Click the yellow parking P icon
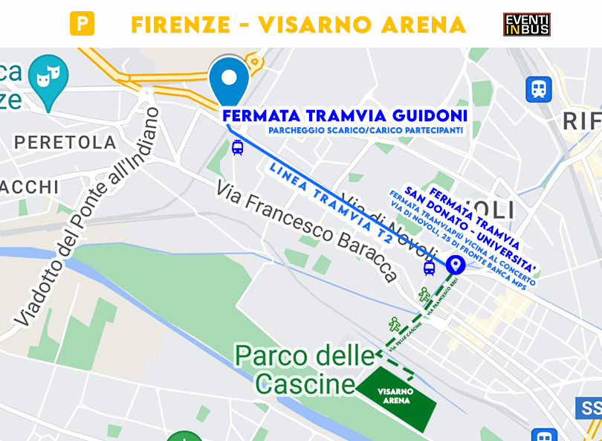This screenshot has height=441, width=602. [82, 24]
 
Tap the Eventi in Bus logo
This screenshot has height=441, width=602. [526, 24]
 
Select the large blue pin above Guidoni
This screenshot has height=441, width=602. [229, 80]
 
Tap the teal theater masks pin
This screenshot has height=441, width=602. [48, 77]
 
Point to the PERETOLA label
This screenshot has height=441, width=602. [65, 142]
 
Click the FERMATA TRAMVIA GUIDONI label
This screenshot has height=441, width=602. [345, 116]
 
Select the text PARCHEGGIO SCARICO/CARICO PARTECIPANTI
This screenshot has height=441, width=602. [366, 131]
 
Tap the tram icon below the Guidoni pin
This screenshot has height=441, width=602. [237, 147]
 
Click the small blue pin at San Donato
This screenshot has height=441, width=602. [455, 264]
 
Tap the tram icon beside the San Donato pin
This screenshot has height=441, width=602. [429, 268]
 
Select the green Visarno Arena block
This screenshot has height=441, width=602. [395, 396]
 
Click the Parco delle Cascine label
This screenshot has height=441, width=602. [305, 369]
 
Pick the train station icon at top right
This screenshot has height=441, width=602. [539, 89]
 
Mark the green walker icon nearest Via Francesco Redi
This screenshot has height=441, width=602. [424, 294]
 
